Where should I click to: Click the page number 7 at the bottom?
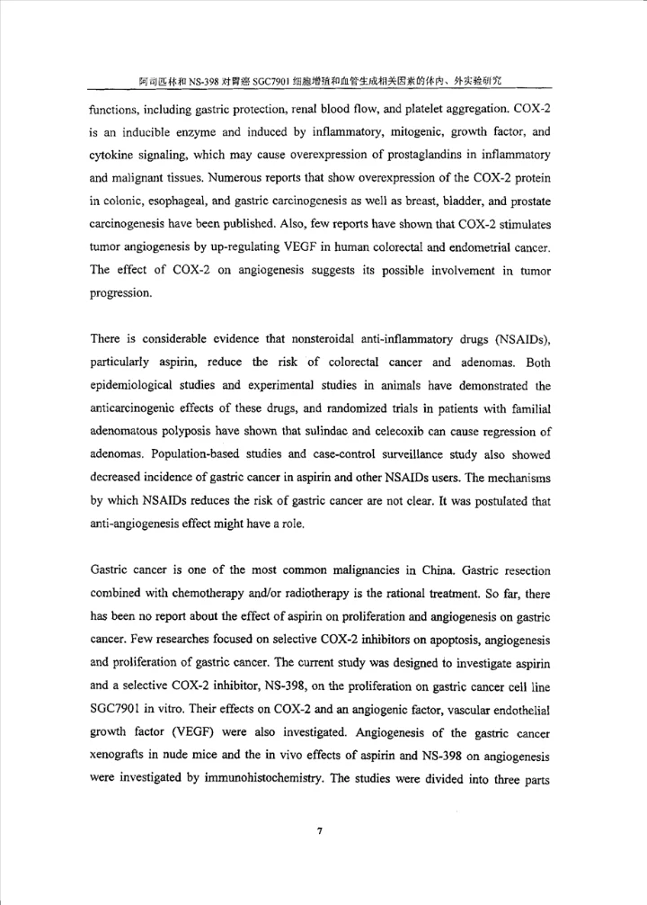[320, 830]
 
